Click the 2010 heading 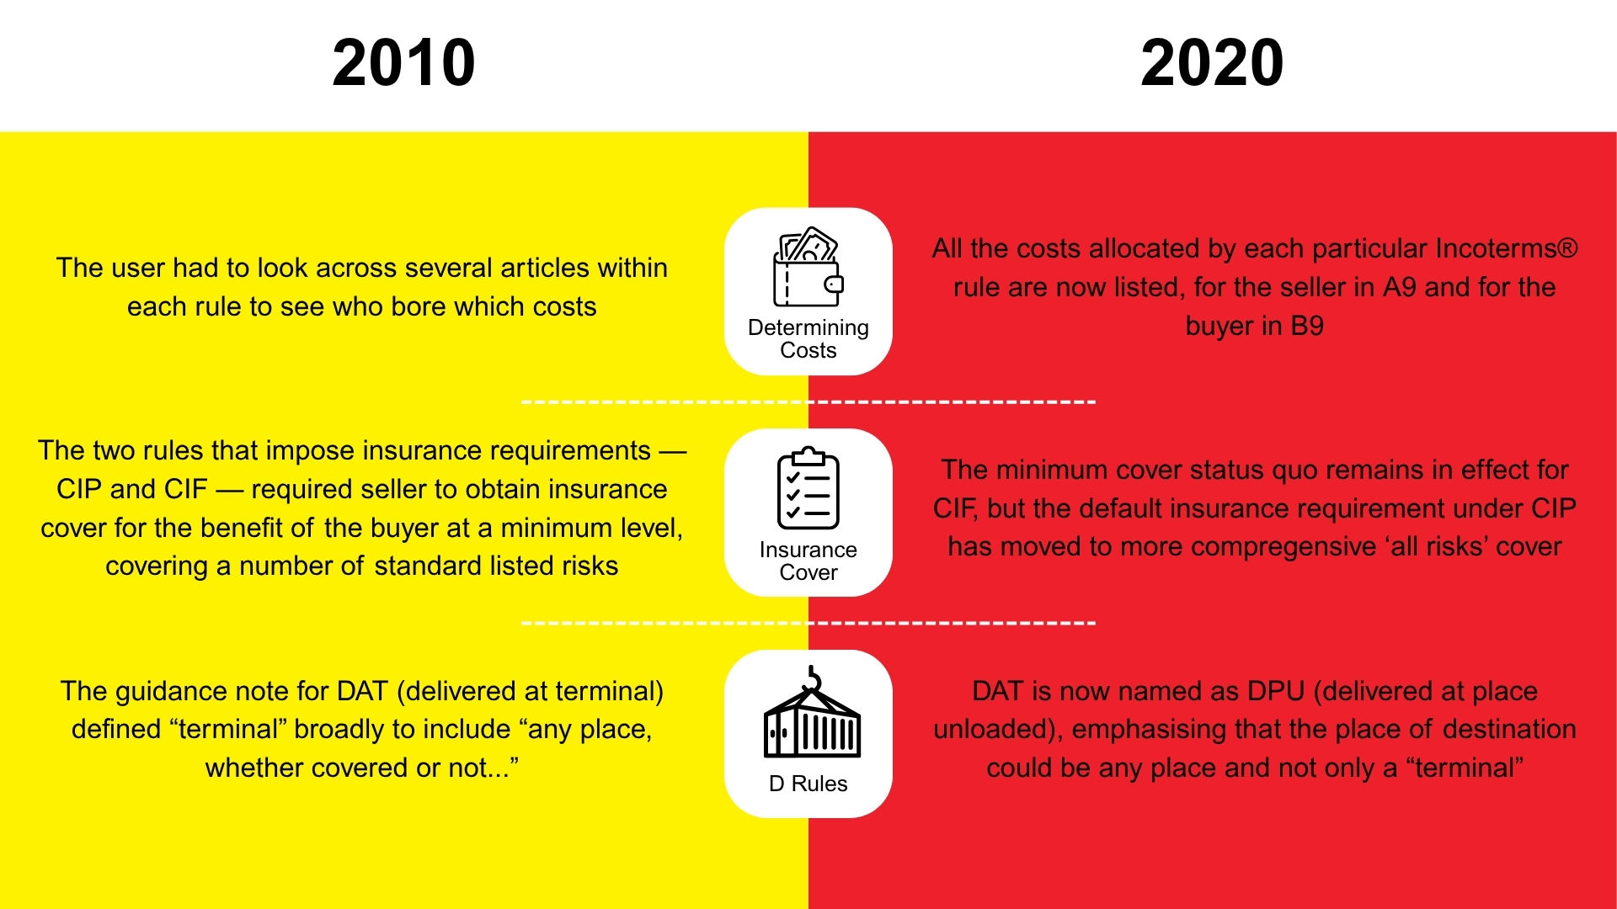point(403,62)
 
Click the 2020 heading point(1212,62)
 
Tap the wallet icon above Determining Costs point(808,267)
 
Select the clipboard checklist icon point(808,488)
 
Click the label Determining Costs point(808,338)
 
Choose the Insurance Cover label point(808,561)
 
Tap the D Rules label point(808,784)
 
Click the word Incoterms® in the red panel point(1506,248)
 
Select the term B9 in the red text point(1307,326)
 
